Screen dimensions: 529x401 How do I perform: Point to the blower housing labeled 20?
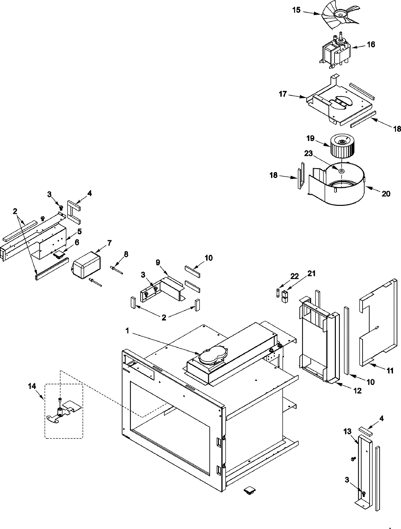click(x=338, y=187)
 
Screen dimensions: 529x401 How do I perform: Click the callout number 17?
click(x=283, y=94)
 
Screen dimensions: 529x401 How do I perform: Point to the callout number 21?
click(x=311, y=274)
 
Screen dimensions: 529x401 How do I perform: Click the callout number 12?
click(x=357, y=391)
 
